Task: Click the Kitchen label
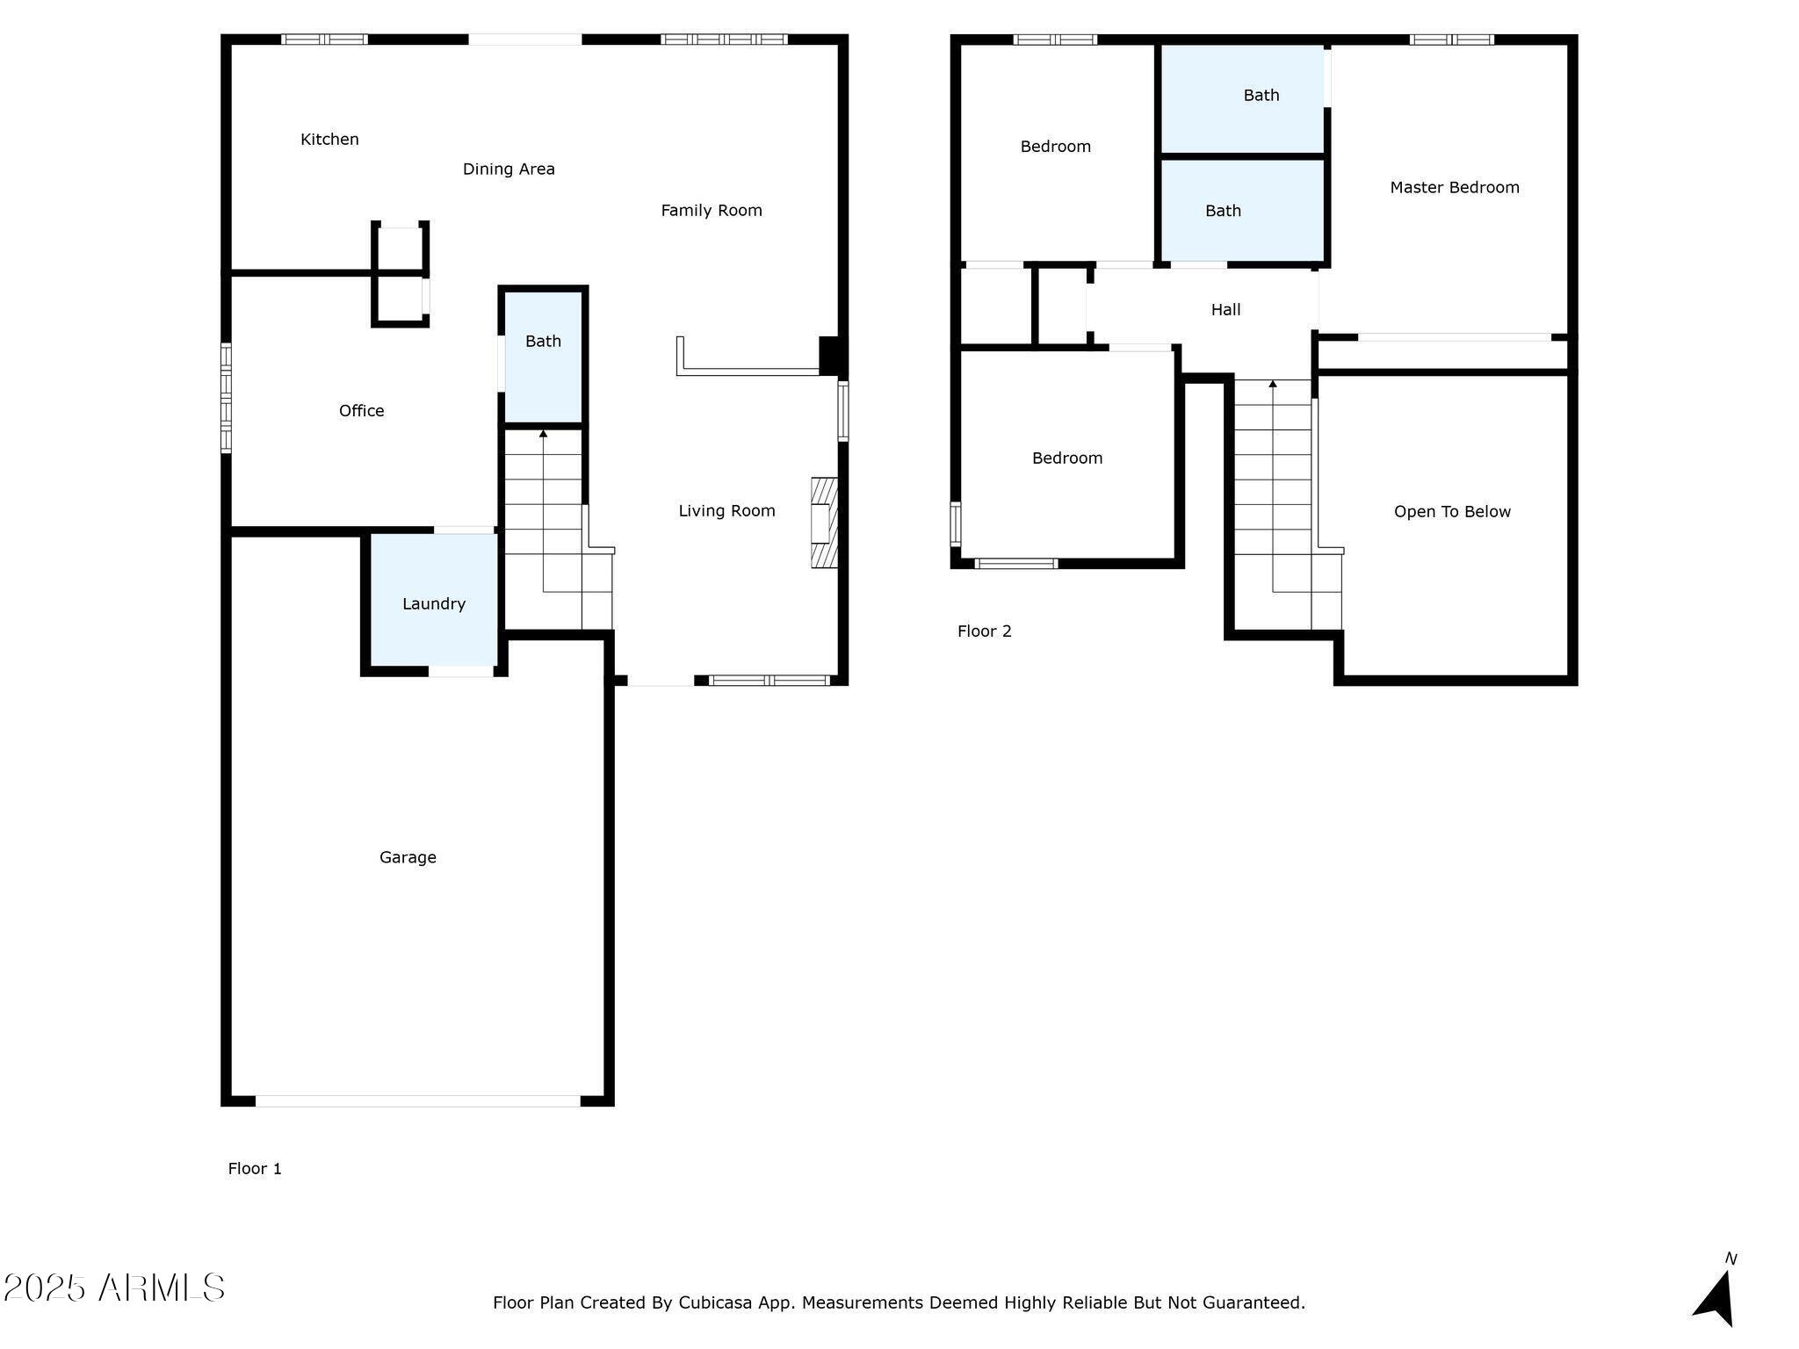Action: point(329,139)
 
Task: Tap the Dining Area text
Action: point(509,169)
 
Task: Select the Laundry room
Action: point(434,602)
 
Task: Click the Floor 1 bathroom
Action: point(543,356)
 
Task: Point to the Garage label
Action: point(408,857)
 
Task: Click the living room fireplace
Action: point(823,523)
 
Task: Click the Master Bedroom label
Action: point(1454,187)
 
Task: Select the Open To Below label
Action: point(1452,511)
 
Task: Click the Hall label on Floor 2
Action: point(1225,309)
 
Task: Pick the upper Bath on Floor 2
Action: point(1261,96)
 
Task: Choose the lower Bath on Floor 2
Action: point(1223,211)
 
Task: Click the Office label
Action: point(361,410)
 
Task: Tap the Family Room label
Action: point(711,210)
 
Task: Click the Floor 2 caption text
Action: point(984,631)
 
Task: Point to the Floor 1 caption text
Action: point(255,1168)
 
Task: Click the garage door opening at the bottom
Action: point(417,1100)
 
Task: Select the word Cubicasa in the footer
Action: point(715,1302)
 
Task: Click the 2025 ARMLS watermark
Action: point(114,1288)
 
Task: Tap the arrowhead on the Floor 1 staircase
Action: point(543,433)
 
